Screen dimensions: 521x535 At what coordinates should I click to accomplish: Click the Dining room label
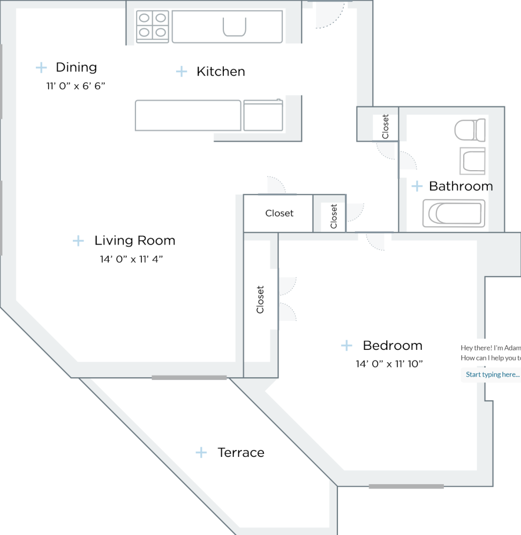pyautogui.click(x=76, y=67)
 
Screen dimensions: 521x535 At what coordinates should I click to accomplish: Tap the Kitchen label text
pyautogui.click(x=221, y=71)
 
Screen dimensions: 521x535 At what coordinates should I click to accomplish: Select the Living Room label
pyautogui.click(x=134, y=241)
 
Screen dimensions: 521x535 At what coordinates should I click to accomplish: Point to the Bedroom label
pyautogui.click(x=392, y=346)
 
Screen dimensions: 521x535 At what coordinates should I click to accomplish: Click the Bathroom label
pyautogui.click(x=460, y=186)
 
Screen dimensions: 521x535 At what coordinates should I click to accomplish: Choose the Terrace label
pyautogui.click(x=241, y=453)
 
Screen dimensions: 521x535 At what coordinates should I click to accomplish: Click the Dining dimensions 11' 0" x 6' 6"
pyautogui.click(x=75, y=86)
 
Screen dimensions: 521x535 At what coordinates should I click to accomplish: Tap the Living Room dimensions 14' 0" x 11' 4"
pyautogui.click(x=131, y=259)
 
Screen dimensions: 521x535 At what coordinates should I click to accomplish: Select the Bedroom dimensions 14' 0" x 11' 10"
pyautogui.click(x=389, y=364)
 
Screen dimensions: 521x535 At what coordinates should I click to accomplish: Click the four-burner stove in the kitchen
pyautogui.click(x=153, y=27)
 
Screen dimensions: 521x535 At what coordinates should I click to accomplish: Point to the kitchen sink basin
pyautogui.click(x=235, y=27)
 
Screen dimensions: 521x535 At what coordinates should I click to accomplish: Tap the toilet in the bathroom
pyautogui.click(x=470, y=130)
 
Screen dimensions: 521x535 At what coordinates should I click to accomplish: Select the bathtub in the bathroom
pyautogui.click(x=454, y=213)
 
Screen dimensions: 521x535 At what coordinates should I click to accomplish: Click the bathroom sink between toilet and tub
pyautogui.click(x=472, y=160)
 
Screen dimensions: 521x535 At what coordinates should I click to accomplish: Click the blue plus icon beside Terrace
pyautogui.click(x=201, y=453)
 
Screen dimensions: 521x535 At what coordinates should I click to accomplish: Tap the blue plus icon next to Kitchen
pyautogui.click(x=182, y=71)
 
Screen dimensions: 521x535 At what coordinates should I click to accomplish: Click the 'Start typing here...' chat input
pyautogui.click(x=492, y=374)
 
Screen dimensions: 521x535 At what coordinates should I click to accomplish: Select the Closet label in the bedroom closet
pyautogui.click(x=260, y=300)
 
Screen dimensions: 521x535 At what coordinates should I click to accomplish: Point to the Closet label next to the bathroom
pyautogui.click(x=386, y=127)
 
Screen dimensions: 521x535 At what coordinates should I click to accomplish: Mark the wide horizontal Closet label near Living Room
pyautogui.click(x=279, y=213)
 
